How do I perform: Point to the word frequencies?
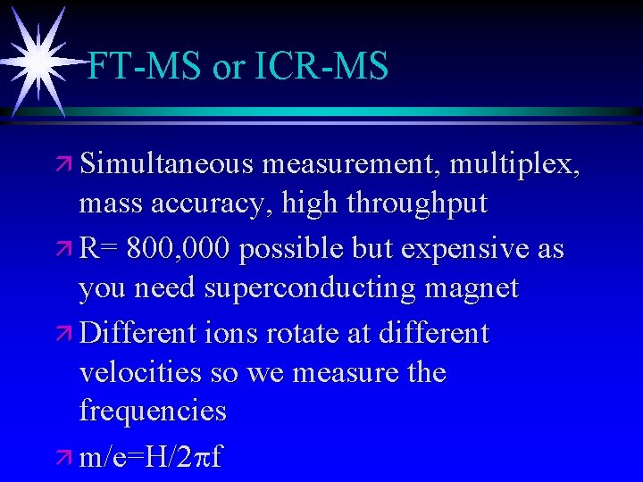point(153,411)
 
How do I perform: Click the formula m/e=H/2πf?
point(151,457)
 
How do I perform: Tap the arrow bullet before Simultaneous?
point(63,167)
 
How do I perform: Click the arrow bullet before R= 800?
point(63,250)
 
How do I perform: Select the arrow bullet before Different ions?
point(63,334)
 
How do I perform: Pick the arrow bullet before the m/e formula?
point(63,459)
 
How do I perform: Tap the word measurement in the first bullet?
point(353,165)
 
